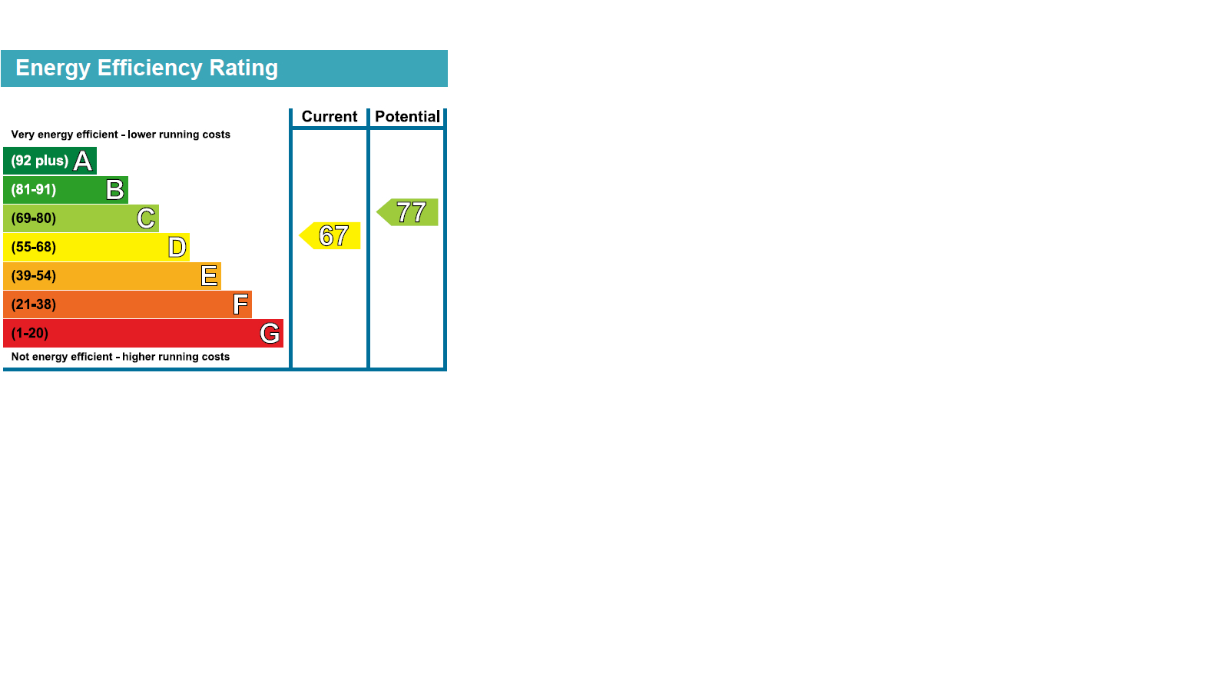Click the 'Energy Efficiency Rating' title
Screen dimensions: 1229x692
147,68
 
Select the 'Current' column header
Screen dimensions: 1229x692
330,116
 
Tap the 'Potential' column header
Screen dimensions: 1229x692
407,116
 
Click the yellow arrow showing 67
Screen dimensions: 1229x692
330,235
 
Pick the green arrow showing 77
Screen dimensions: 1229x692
407,212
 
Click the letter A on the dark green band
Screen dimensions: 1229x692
83,161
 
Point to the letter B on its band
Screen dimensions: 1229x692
115,190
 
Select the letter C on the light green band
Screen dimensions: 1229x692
146,218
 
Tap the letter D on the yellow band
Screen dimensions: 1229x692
177,247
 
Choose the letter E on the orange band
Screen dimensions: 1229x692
209,276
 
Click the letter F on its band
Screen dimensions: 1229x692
240,304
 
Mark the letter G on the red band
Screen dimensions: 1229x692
270,334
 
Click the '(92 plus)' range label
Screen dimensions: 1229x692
39,161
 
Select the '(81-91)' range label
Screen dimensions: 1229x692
34,189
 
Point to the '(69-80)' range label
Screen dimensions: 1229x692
34,218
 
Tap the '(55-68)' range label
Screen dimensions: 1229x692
34,247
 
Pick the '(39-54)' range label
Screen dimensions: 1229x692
34,276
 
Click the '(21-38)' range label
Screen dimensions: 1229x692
34,304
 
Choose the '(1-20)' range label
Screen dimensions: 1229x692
30,334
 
